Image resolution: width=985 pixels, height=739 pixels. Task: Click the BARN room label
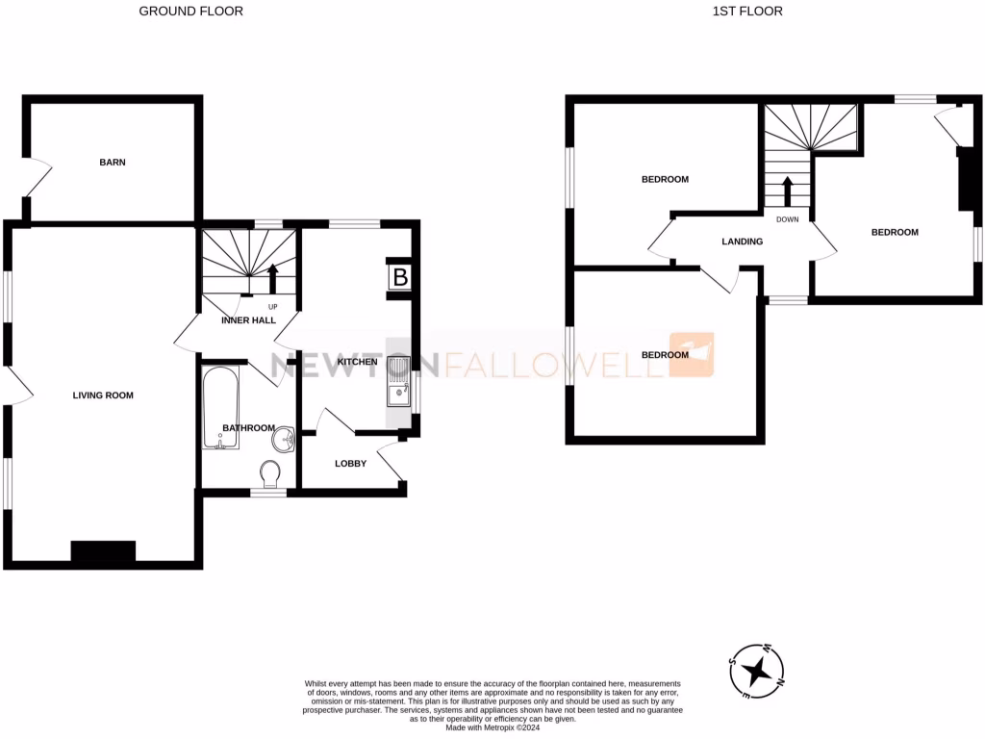tap(113, 163)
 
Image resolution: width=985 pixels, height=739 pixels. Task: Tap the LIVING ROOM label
tap(103, 395)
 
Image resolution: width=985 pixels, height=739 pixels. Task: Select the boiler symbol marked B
tap(399, 278)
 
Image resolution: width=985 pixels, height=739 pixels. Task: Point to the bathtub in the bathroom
tap(220, 408)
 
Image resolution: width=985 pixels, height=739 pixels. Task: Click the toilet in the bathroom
tap(270, 472)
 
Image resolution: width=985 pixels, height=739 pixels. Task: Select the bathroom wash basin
tap(283, 441)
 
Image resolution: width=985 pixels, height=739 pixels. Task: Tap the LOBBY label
tap(350, 464)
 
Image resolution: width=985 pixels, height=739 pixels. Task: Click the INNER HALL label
tap(248, 320)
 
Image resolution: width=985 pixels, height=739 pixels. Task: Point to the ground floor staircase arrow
tap(272, 277)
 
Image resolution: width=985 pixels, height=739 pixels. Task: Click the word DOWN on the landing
tap(787, 219)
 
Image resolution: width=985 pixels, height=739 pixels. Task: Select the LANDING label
tap(742, 242)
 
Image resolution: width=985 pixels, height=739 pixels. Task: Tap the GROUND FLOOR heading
tap(191, 12)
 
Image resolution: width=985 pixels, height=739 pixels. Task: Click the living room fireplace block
tap(103, 551)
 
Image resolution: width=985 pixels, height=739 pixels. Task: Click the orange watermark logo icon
tap(693, 353)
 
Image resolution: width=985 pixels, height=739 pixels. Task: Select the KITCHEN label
tap(357, 361)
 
